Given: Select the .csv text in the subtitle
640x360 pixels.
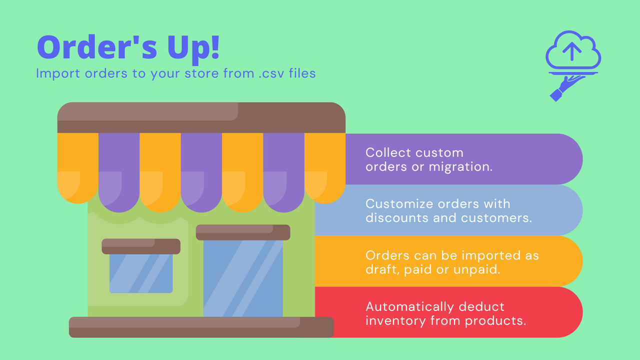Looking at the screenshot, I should [x=268, y=73].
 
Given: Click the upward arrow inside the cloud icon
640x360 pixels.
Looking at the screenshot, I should [x=572, y=50].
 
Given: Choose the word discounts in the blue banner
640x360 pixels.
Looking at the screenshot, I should [x=397, y=217].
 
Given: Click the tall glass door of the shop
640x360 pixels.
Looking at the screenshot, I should [x=243, y=278].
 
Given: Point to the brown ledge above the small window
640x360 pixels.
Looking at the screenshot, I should [x=141, y=246].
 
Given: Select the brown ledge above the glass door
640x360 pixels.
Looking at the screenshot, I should [x=243, y=232].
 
